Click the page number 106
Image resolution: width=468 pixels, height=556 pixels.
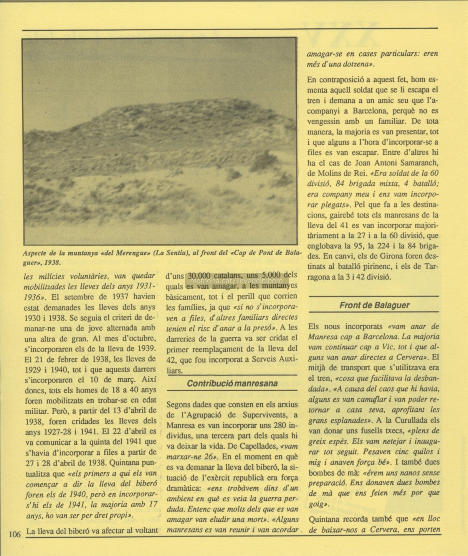(x=15, y=534)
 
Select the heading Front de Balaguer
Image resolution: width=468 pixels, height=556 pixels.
(x=374, y=305)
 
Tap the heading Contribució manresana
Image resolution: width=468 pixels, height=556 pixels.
(x=232, y=383)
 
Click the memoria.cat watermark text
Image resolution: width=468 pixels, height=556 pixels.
(x=237, y=281)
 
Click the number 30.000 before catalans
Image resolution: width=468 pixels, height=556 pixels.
(x=199, y=276)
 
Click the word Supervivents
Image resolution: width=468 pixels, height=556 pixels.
(x=264, y=415)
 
